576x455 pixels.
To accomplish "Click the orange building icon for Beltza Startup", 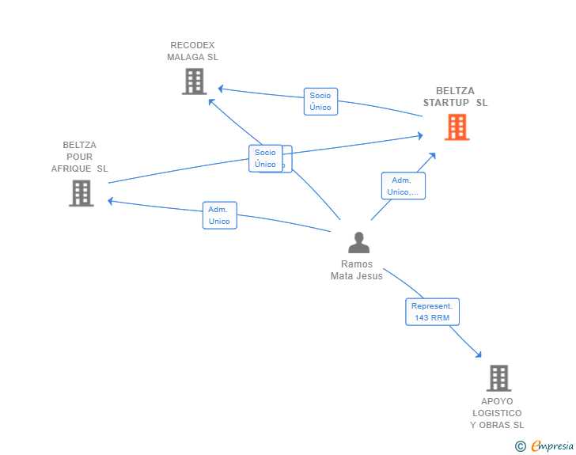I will tap(457, 127).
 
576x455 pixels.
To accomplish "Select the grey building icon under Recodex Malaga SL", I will tap(194, 82).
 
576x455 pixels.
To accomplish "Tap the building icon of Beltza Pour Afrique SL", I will tap(81, 193).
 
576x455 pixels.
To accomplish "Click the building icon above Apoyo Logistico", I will tap(498, 378).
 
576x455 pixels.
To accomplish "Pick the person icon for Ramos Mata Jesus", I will tap(358, 242).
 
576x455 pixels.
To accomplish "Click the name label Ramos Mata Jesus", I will tap(356, 271).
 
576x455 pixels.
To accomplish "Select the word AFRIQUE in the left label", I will tap(73, 169).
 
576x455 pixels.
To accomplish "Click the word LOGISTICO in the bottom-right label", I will tap(497, 413).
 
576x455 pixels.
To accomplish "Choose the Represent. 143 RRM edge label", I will tap(432, 312).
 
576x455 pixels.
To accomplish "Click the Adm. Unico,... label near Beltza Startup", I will tap(404, 186).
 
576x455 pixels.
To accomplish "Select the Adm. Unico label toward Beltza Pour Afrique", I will tap(219, 215).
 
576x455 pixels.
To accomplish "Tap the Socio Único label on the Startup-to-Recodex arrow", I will tap(320, 101).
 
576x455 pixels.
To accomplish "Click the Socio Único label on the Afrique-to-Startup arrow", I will tap(266, 158).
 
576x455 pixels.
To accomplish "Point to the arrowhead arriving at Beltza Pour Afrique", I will tap(112, 201).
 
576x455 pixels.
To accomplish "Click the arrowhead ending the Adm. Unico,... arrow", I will tap(433, 154).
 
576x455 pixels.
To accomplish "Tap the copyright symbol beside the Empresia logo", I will tap(520, 446).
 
